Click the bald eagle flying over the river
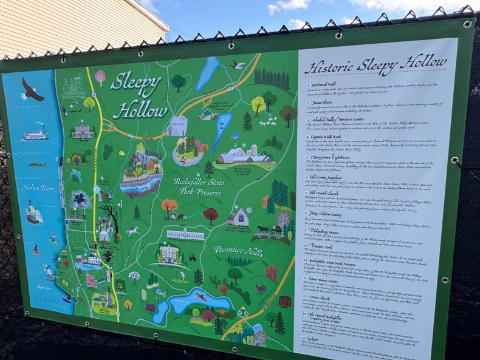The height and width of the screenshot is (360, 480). point(32,90)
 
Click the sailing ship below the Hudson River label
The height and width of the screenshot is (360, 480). point(34,213)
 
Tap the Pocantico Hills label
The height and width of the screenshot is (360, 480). point(237,249)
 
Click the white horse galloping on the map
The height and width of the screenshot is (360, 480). point(132,231)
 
